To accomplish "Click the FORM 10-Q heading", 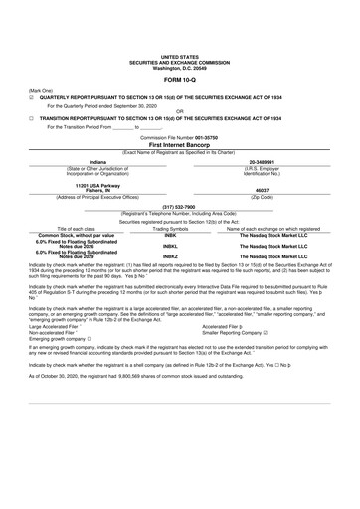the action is [179, 78].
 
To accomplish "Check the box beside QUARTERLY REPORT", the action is [32, 96].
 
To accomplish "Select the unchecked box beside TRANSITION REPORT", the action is [32, 118].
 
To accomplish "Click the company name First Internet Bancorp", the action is [179, 144].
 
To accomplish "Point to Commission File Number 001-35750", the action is [179, 136].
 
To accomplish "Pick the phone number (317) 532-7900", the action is [179, 206].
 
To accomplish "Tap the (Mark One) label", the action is [43, 89].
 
